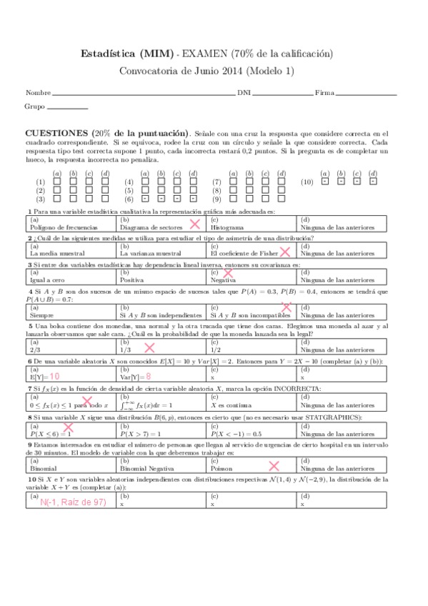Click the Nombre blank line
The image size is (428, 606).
coord(143,94)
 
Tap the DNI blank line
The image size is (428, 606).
coord(283,94)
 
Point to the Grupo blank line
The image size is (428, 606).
coord(67,107)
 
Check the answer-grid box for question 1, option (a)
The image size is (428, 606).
coord(55,182)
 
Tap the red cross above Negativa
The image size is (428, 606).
coord(229,273)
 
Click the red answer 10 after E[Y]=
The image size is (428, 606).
coord(54,376)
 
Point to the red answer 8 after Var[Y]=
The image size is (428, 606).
coord(148,376)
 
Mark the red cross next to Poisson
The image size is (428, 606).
coord(273,465)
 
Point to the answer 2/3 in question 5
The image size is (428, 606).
coord(35,349)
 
